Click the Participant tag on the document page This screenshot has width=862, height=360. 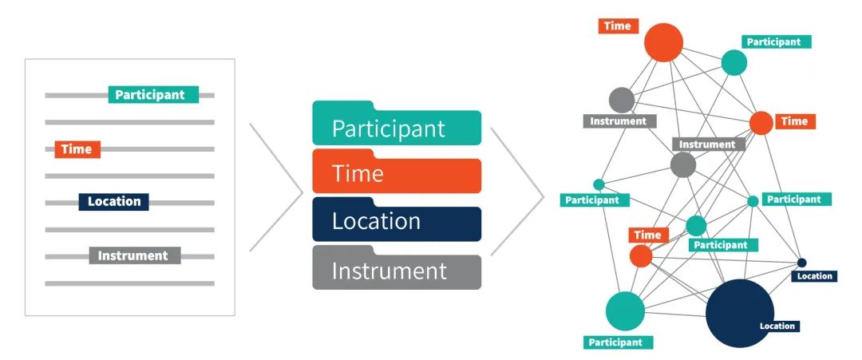152,95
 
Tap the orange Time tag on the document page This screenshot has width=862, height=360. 77,149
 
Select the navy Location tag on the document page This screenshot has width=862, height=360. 113,202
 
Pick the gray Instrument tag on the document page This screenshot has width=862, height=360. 135,256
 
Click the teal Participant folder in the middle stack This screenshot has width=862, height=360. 396,128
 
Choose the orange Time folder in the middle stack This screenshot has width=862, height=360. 396,175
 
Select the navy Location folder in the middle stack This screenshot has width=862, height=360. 396,222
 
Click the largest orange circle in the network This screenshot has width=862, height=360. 664,42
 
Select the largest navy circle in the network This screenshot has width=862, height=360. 739,313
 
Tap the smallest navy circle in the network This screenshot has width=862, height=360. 801,263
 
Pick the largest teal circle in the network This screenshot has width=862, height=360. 625,311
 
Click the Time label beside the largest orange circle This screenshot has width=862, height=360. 617,26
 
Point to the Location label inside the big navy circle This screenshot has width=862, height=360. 777,326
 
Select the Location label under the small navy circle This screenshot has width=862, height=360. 813,276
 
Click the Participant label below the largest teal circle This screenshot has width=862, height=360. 615,342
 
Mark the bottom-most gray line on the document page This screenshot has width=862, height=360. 129,283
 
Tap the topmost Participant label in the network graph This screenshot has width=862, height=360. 777,42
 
